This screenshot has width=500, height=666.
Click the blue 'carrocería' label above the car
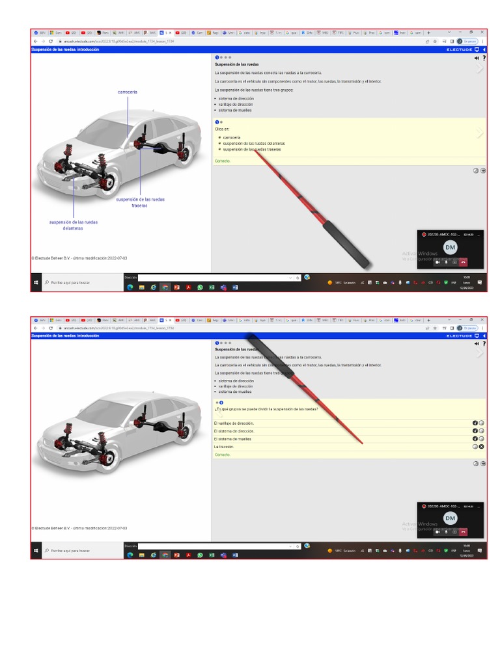(127, 92)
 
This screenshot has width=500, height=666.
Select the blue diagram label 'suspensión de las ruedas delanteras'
(74, 225)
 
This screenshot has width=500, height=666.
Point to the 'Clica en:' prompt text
(222, 129)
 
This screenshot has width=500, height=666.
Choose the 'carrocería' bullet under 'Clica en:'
(232, 138)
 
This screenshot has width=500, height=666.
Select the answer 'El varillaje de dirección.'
(234, 423)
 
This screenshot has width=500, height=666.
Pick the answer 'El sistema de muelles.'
(232, 439)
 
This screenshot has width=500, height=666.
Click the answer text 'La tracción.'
(224, 447)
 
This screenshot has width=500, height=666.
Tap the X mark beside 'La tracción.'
(482, 447)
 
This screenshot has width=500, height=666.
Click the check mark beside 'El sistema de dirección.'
(475, 431)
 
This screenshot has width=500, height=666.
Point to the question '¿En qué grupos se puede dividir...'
(266, 409)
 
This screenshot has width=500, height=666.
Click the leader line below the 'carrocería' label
(128, 114)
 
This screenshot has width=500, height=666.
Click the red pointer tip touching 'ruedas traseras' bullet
(256, 151)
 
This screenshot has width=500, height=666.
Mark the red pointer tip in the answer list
(360, 442)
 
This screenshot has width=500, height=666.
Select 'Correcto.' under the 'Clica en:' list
(223, 161)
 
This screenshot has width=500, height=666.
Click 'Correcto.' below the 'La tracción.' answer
(223, 455)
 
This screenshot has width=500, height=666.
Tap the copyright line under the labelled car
(79, 258)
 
